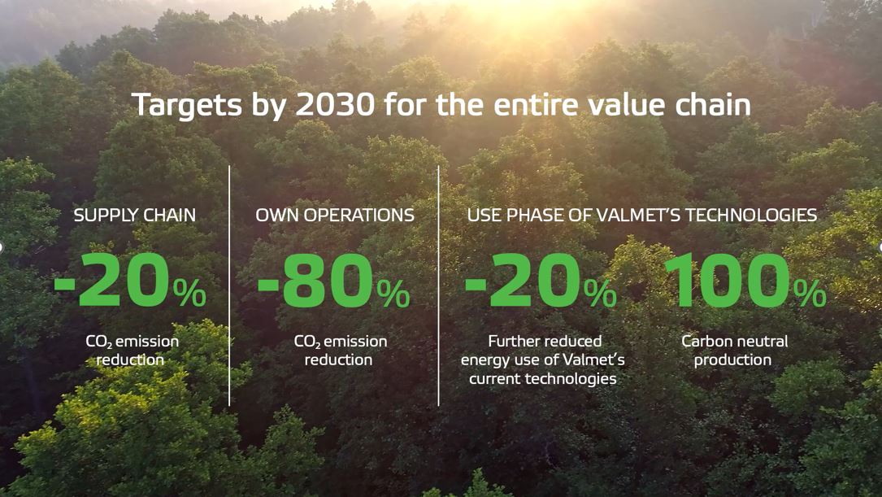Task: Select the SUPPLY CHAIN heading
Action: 135,216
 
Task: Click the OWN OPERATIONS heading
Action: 335,216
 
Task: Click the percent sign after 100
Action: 810,294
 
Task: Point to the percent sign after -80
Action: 393,294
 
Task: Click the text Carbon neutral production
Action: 734,351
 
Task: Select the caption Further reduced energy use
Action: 543,360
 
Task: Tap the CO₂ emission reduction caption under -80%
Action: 340,351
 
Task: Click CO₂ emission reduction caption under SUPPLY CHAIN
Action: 132,351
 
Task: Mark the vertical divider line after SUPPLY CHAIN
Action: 229,285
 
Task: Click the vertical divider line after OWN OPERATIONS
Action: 439,285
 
